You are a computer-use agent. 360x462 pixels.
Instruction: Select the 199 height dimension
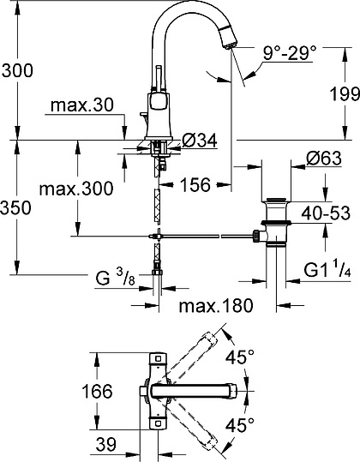point(345,94)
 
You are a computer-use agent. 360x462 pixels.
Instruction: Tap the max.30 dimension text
point(82,105)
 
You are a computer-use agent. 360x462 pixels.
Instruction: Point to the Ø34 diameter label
point(200,140)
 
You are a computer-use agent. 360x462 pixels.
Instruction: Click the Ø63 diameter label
point(324,159)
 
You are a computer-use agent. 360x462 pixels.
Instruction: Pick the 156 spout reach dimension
point(195,185)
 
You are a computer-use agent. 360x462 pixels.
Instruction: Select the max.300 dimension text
point(76,189)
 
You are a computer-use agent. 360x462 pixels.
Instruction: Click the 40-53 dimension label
point(326,213)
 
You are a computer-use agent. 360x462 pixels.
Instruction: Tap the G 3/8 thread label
point(115,278)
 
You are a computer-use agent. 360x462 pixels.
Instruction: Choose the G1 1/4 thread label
point(327,271)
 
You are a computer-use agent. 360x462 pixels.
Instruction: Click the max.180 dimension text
point(216,305)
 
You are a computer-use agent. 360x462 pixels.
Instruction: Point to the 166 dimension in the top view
point(97,391)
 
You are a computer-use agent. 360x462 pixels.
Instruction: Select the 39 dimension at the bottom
point(106,444)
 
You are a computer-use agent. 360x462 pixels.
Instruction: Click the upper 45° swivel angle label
point(240,357)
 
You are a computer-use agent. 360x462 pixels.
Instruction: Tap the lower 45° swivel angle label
point(240,424)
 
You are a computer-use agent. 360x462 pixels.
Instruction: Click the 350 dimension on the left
point(15,207)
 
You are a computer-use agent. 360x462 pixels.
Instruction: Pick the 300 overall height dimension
point(17,70)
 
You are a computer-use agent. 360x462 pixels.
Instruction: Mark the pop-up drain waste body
point(276,221)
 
